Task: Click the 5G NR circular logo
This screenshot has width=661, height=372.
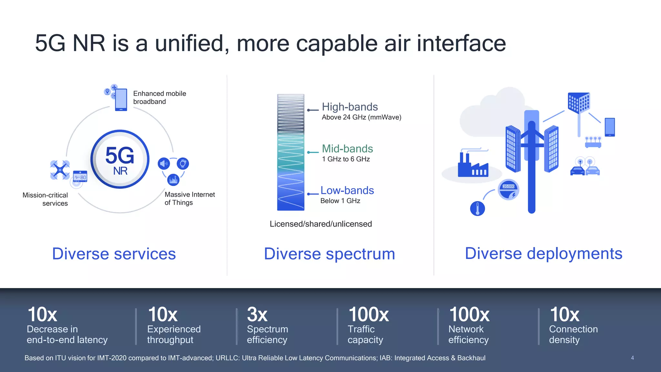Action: [x=120, y=159]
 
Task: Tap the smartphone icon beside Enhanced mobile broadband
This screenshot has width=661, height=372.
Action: [x=121, y=100]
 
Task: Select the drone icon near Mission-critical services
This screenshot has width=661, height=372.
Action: [x=60, y=170]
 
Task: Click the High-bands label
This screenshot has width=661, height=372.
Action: [x=350, y=107]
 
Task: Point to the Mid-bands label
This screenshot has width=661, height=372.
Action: [x=347, y=149]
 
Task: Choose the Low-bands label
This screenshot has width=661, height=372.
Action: [x=347, y=190]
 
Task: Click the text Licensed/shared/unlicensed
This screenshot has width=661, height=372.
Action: [x=321, y=224]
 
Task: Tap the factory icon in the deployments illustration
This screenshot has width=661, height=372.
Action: [x=473, y=166]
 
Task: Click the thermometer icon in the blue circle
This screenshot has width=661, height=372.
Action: [x=477, y=209]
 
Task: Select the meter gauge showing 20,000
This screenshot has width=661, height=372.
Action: [x=508, y=190]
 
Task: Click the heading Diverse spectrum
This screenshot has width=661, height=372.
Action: [x=329, y=253]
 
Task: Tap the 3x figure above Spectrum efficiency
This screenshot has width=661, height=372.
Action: [x=257, y=314]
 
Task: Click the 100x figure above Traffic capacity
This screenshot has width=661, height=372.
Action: [x=369, y=314]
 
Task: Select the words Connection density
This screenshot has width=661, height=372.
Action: [x=573, y=334]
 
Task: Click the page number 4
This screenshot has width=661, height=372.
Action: [x=632, y=358]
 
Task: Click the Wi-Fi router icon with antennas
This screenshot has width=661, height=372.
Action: [x=593, y=142]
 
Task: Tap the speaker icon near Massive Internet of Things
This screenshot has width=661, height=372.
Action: [x=164, y=164]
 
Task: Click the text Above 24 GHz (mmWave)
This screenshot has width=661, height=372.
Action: [x=361, y=117]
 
